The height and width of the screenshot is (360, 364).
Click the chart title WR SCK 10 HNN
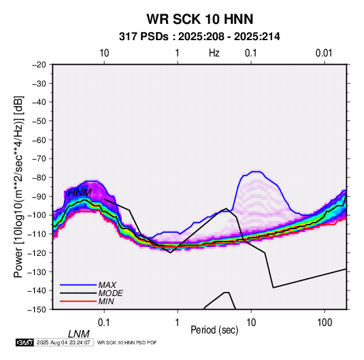pos(199,19)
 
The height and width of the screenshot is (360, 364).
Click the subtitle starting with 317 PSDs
pos(199,37)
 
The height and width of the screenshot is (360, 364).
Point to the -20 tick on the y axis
pos(39,65)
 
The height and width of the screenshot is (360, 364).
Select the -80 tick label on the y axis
pos(39,178)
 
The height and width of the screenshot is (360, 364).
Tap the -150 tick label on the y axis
pos(37,310)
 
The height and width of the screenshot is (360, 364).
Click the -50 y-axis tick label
pos(39,120)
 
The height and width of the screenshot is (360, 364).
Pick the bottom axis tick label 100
pos(325,323)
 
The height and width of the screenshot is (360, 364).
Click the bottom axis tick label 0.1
pos(104,323)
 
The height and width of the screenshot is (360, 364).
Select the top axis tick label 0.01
pos(324,53)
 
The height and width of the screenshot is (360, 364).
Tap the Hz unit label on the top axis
pos(214,53)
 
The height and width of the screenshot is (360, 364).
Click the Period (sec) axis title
pos(214,330)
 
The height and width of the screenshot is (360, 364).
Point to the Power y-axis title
pos(18,186)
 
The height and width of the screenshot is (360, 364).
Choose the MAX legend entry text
pos(107,285)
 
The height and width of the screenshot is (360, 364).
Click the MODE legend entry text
pos(110,293)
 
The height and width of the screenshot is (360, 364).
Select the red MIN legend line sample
pos(78,301)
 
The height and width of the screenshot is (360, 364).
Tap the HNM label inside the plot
pos(80,193)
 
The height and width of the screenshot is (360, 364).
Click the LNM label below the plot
pos(78,334)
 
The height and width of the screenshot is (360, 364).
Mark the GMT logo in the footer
pos(24,342)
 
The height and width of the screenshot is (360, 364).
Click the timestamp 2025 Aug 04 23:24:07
pos(63,342)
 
